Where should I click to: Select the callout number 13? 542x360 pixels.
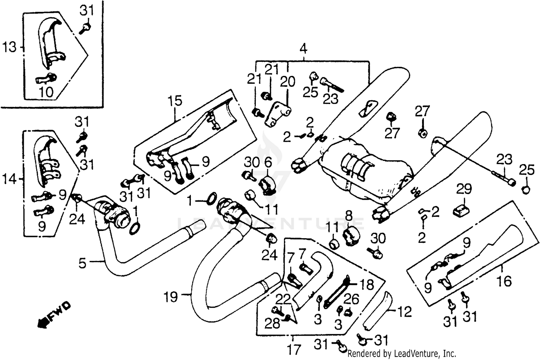[10, 47]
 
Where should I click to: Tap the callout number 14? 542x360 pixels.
[10, 179]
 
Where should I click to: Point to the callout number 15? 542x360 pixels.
[175, 102]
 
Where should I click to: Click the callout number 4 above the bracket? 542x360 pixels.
[303, 48]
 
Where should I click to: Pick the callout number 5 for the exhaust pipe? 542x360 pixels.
[83, 263]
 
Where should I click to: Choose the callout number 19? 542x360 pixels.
[171, 297]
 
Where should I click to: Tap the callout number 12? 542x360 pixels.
[405, 312]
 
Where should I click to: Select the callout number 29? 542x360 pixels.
[464, 189]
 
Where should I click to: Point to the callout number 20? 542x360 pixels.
[288, 82]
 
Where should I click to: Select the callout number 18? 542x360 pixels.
[367, 284]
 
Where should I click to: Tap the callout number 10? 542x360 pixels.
[46, 92]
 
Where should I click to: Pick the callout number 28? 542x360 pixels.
[272, 323]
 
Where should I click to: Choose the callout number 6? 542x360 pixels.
[268, 163]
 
